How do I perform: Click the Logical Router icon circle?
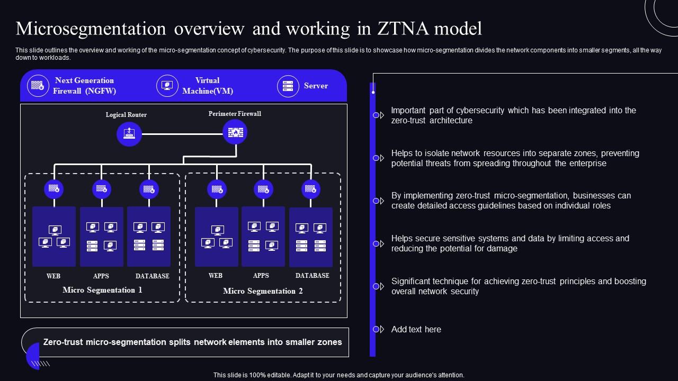[x=129, y=134]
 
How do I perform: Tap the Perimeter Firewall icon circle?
[x=235, y=132]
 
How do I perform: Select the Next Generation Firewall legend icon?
[x=38, y=86]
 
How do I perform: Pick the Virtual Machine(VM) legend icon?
[x=167, y=86]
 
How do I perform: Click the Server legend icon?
[x=288, y=86]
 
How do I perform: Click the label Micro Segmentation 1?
[x=102, y=290]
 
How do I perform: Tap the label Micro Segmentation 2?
[x=263, y=291]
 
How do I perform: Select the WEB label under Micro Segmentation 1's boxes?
[x=53, y=276]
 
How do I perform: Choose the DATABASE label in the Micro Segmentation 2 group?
[x=312, y=276]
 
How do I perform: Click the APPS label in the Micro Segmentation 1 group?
[x=101, y=276]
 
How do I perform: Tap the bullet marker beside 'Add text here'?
[x=378, y=329]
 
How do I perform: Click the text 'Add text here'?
[x=416, y=329]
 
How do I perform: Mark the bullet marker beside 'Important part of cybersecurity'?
[x=378, y=115]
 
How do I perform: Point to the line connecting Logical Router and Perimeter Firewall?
[x=182, y=134]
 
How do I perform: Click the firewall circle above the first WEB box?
[x=54, y=189]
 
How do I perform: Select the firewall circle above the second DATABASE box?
[x=311, y=189]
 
